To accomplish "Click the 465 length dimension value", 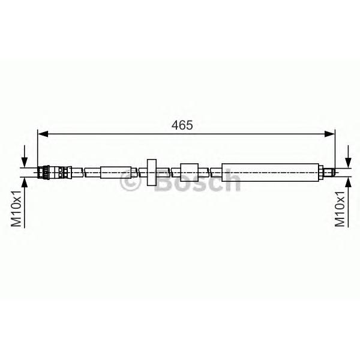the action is coord(182,125).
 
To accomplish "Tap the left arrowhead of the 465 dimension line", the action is coord(43,134).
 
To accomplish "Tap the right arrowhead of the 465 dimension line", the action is coord(329,134).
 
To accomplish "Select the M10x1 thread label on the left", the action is coord(16,208).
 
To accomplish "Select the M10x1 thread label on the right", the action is coord(340,208).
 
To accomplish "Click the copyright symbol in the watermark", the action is coord(130,181).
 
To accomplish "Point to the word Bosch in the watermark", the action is coord(198,181).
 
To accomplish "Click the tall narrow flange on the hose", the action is coord(152,172).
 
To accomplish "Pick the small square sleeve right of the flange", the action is coord(189,172).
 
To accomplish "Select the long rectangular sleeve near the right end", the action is coord(270,172).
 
